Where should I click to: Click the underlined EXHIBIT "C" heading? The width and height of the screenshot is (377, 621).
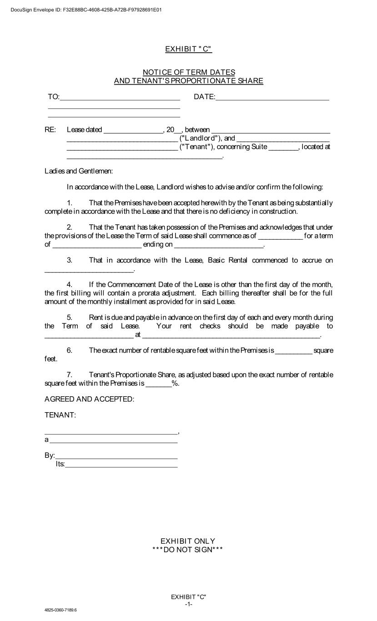188,49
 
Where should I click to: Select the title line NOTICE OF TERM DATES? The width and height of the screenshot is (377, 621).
189,72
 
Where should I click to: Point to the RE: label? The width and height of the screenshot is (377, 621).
50,130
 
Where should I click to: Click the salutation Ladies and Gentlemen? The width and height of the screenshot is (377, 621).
78,172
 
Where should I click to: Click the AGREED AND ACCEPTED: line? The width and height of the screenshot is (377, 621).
89,399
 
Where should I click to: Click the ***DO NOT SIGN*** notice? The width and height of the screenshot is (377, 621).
188,550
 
